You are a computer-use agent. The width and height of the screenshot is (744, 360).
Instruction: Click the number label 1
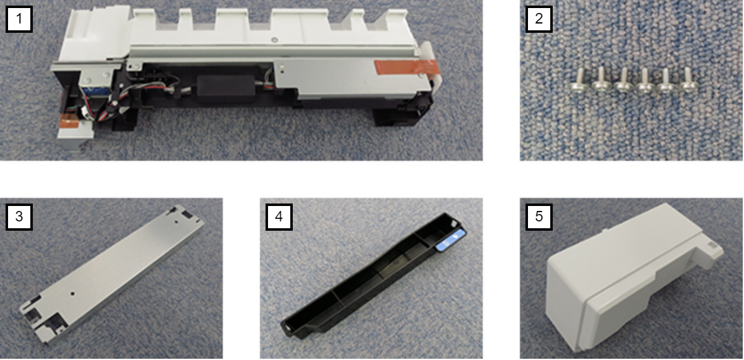(19, 19)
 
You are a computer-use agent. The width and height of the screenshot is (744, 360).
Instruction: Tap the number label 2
(539, 19)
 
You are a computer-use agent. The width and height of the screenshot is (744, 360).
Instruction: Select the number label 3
(19, 216)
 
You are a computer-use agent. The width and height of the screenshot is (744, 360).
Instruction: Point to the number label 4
(279, 216)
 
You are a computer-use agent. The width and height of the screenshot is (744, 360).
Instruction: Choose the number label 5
(539, 216)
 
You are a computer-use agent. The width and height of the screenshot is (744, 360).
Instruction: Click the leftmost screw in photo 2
(579, 81)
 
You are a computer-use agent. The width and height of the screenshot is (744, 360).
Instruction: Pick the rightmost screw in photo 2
(688, 80)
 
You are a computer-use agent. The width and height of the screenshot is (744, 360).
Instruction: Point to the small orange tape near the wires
(69, 121)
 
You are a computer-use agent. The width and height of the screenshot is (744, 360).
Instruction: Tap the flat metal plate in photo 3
(111, 274)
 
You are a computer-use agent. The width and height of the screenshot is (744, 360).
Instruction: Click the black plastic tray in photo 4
(374, 276)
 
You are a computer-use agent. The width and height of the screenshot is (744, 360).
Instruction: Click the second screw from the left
(602, 81)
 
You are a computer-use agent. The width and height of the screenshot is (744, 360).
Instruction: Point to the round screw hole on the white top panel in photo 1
(274, 40)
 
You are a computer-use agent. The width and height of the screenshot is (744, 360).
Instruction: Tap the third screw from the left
(623, 81)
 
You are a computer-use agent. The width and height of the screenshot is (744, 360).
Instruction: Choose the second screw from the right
(666, 81)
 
